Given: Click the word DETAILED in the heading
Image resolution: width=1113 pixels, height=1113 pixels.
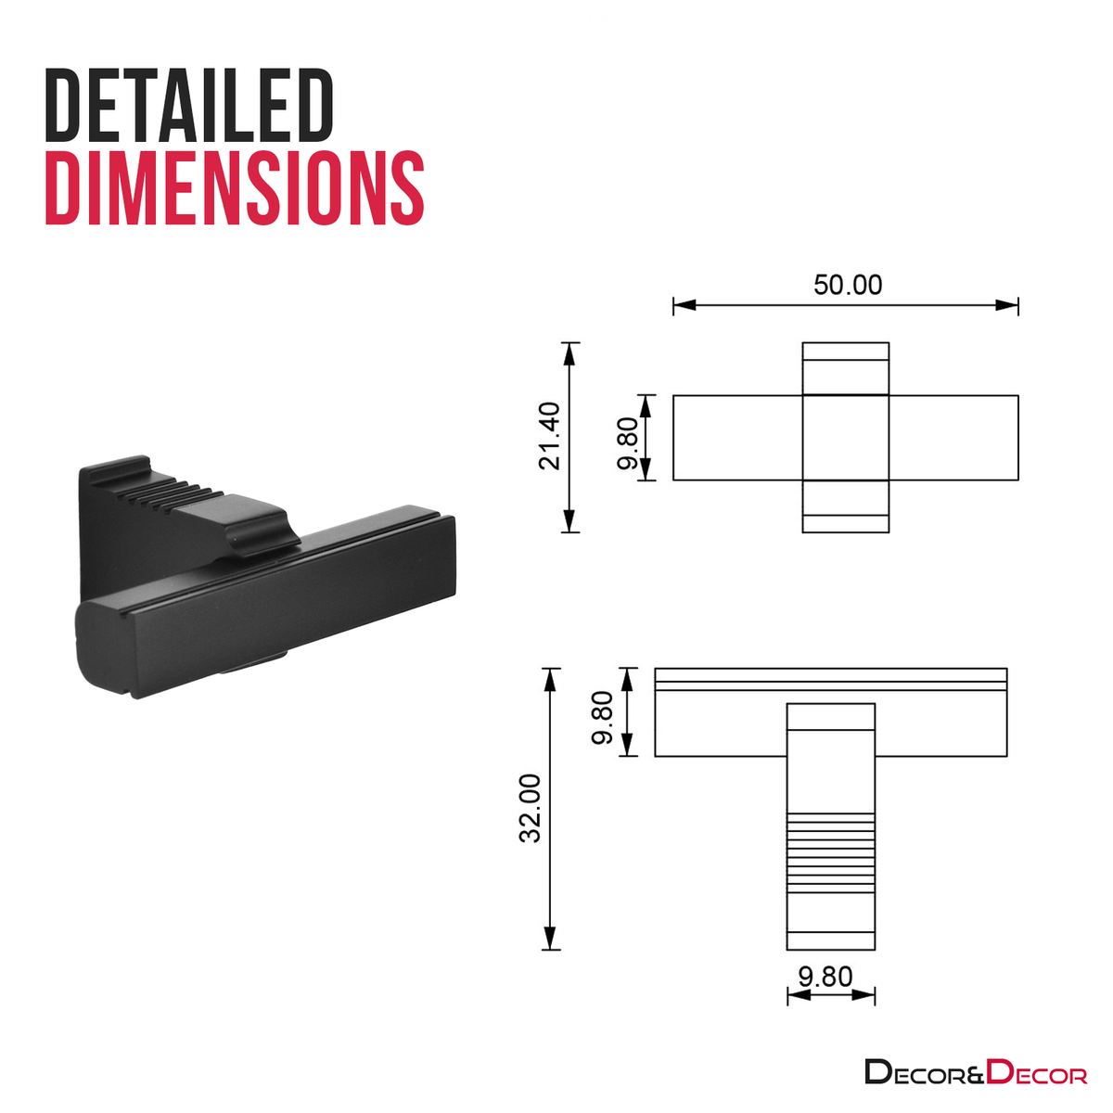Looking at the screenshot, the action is [x=189, y=105].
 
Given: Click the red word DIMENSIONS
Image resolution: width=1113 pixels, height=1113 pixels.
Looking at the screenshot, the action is [x=235, y=187].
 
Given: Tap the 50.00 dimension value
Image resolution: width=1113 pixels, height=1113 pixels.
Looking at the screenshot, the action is [x=848, y=286].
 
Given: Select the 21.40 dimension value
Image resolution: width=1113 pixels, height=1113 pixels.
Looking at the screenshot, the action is [x=550, y=436].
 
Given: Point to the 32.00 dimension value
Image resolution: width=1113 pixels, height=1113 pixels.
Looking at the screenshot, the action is [x=531, y=809].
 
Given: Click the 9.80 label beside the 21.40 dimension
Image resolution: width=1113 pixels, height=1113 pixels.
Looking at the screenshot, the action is [x=627, y=443].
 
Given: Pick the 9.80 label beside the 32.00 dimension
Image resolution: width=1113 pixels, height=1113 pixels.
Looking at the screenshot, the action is [x=603, y=718].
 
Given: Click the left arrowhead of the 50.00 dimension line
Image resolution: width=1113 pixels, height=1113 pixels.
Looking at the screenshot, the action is [x=684, y=305].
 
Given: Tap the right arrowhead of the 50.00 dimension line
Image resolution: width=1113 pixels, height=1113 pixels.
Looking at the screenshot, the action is [x=1006, y=305].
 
